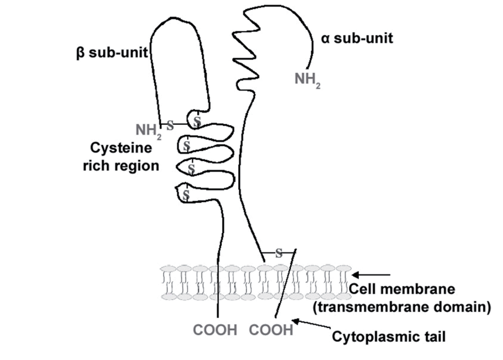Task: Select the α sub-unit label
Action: tap(357, 38)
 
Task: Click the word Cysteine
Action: tap(120, 149)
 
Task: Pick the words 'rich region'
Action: tap(120, 165)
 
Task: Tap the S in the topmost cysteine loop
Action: tap(197, 121)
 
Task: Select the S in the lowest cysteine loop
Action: tap(187, 194)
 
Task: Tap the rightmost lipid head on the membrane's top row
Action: tap(343, 268)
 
